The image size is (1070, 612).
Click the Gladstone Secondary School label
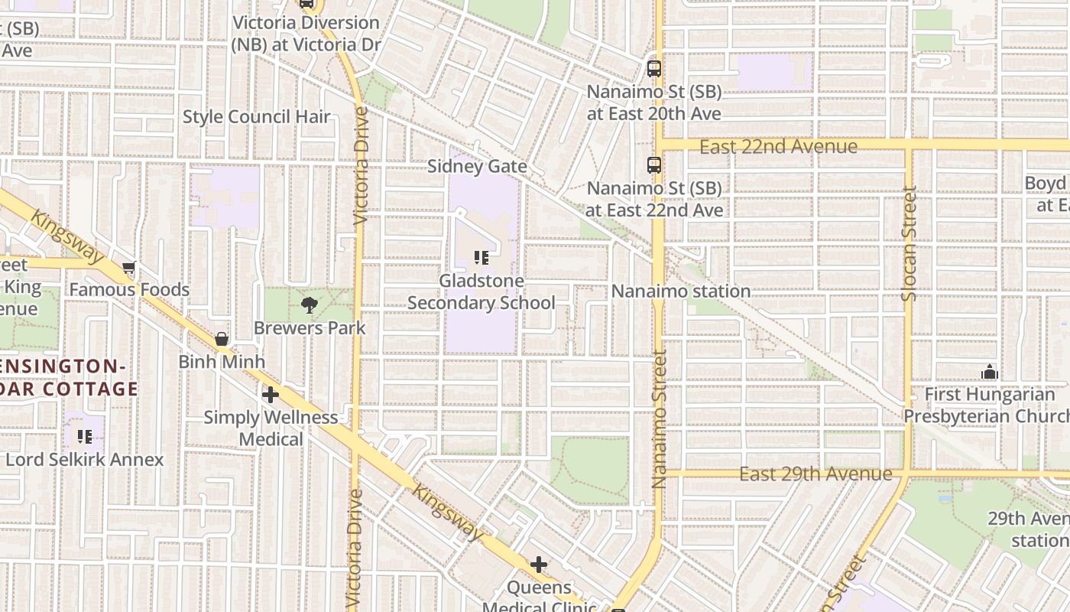click(481, 292)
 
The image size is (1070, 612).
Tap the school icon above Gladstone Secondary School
click(481, 258)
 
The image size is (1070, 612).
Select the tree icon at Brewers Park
click(310, 306)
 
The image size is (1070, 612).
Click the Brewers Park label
click(310, 328)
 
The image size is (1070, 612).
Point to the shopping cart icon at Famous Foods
click(129, 268)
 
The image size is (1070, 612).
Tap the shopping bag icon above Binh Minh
click(222, 339)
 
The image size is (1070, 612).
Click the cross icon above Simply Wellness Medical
click(270, 395)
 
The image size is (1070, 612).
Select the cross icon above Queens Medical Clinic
click(539, 565)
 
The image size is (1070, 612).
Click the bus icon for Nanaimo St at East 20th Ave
click(653, 69)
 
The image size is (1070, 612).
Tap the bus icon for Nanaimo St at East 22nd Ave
click(653, 165)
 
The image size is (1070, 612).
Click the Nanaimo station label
click(680, 291)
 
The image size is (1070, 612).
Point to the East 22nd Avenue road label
click(778, 146)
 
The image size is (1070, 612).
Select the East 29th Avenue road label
click(815, 474)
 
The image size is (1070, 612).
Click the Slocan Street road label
click(909, 243)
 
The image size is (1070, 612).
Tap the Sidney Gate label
click(477, 167)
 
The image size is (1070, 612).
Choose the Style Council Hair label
click(256, 117)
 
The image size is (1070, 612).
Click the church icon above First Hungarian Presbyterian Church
click(990, 373)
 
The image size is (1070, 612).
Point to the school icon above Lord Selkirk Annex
click(85, 437)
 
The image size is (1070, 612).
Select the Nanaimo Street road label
click(660, 419)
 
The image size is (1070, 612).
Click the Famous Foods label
click(129, 290)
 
